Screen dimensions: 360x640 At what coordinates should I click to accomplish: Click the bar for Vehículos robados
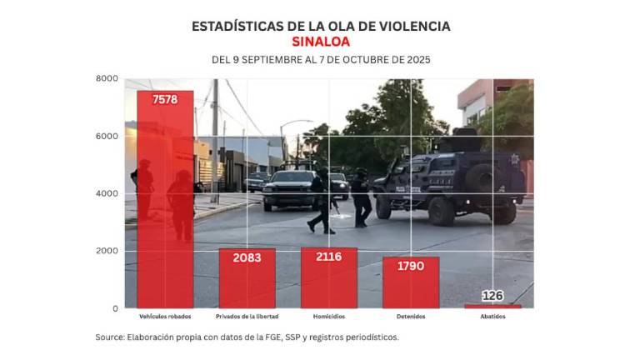pos(165,200)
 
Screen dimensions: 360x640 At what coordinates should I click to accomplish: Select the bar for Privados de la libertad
pos(247,279)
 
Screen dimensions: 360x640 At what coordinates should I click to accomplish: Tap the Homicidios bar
pos(328,278)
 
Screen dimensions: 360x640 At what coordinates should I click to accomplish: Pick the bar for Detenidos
pos(410,282)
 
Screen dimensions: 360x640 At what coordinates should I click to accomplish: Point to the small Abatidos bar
pos(492,306)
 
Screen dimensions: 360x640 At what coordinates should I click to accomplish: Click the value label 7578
pos(165,99)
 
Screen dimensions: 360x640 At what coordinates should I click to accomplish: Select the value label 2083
pos(247,258)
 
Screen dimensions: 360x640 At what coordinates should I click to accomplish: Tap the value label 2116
pos(328,257)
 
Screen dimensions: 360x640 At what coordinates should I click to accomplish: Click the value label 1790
pos(410,266)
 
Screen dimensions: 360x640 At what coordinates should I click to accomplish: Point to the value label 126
pos(492,295)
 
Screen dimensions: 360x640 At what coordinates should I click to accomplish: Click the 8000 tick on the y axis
pos(107,78)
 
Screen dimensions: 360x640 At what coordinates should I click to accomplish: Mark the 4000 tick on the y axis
pos(107,193)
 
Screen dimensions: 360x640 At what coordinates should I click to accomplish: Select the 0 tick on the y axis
pos(115,308)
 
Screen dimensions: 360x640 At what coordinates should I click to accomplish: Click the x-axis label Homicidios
pos(328,317)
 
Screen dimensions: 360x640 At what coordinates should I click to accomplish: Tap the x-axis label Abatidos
pos(492,317)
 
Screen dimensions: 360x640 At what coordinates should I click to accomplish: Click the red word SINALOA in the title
pos(321,42)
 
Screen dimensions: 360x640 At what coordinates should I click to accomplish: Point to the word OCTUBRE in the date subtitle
pos(359,60)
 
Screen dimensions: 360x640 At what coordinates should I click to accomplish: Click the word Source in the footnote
pos(109,337)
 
